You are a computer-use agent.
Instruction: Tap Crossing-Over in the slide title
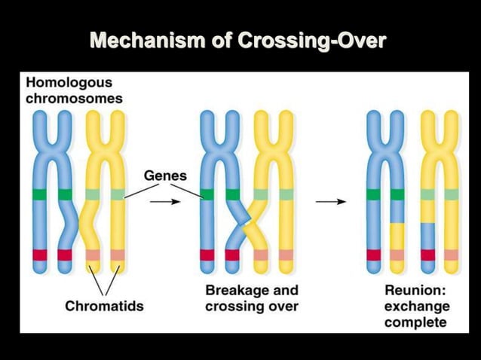coord(311,38)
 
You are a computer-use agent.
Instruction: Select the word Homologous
coord(69,83)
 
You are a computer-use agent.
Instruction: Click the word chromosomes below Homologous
coord(75,98)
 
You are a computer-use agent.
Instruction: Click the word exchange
coord(417,307)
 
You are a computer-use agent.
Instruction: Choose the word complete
coord(415,322)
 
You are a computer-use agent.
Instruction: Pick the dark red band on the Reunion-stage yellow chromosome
coord(427,255)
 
